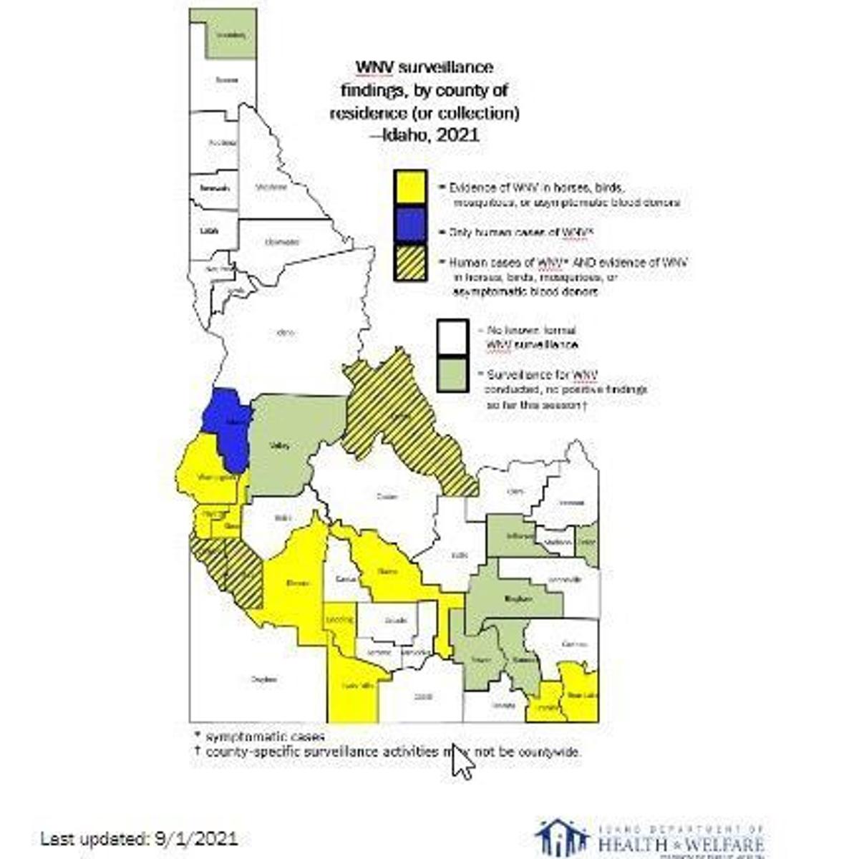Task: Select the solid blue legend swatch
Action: tap(410, 227)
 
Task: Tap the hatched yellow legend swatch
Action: tap(410, 267)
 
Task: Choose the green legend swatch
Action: tap(454, 374)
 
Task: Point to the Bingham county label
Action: tap(518, 598)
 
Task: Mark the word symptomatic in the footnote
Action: tap(241, 737)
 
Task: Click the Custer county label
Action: tap(387, 496)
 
